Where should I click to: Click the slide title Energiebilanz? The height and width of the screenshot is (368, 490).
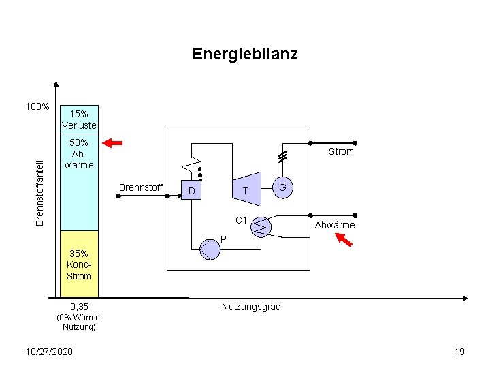click(x=245, y=54)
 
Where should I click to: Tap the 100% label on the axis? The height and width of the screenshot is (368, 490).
click(x=37, y=107)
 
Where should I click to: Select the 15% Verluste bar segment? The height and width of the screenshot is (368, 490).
click(x=79, y=119)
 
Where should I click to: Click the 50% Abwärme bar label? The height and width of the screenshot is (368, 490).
click(x=79, y=153)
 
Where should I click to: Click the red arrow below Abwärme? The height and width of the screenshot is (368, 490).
click(x=344, y=240)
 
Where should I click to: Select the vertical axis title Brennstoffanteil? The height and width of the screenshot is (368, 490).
click(x=40, y=192)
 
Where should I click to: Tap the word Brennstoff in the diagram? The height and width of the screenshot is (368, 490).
click(x=141, y=187)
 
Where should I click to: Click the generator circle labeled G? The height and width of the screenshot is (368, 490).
click(x=282, y=187)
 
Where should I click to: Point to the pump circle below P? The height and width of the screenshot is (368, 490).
click(x=210, y=249)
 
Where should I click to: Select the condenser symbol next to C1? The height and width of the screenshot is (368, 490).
click(x=261, y=226)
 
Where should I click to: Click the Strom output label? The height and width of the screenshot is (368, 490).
click(x=341, y=151)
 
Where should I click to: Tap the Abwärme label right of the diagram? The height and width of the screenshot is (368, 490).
click(x=334, y=225)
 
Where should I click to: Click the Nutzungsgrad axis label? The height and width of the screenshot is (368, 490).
click(x=251, y=307)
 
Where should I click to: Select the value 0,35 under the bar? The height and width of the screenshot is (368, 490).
click(x=79, y=307)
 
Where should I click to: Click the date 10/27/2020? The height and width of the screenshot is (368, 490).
click(x=48, y=351)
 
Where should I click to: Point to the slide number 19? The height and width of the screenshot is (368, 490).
click(x=459, y=351)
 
